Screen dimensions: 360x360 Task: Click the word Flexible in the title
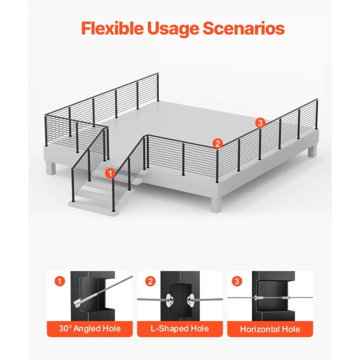tap(112, 28)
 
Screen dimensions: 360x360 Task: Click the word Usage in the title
tap(173, 29)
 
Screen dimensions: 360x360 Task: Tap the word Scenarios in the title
tap(244, 28)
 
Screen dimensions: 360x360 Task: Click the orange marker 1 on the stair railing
tap(110, 174)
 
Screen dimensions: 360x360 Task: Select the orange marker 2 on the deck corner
tap(217, 143)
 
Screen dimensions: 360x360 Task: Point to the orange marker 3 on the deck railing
tap(260, 123)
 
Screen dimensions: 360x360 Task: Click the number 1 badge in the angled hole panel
tap(60, 281)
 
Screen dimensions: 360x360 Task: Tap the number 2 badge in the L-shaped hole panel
tap(150, 281)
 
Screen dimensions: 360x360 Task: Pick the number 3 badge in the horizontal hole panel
tap(237, 281)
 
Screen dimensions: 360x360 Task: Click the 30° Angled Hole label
tap(90, 328)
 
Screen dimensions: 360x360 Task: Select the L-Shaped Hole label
tap(180, 328)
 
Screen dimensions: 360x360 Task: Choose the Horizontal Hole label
tap(270, 329)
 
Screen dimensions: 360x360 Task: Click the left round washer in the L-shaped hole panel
tap(170, 300)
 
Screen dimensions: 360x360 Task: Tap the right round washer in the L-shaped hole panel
tap(191, 300)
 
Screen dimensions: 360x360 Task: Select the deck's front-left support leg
tap(50, 168)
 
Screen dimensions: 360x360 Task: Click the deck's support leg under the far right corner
tap(312, 151)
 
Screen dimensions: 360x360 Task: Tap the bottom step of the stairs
tap(94, 208)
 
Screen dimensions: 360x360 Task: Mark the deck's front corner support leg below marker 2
tap(216, 204)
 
